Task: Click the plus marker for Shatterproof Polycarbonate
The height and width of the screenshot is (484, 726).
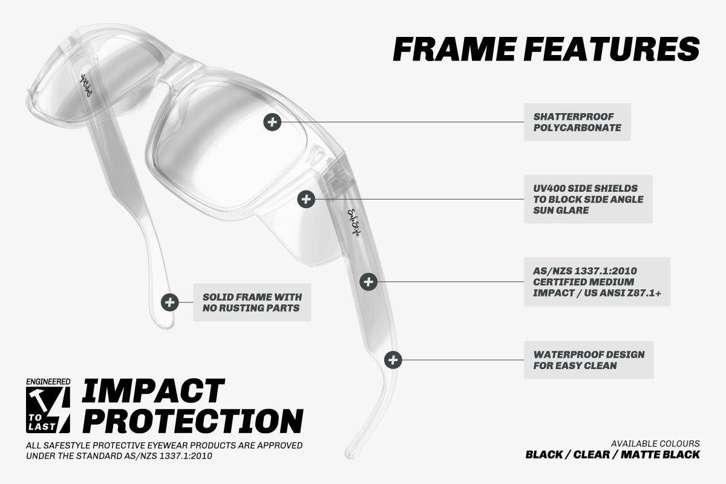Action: [x=272, y=122]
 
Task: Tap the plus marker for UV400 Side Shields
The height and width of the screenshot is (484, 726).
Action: [x=306, y=199]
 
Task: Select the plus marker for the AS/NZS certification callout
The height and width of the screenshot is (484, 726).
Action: [x=368, y=282]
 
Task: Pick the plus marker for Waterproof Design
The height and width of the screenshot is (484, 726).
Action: [x=393, y=360]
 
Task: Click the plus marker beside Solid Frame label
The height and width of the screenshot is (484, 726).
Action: [x=169, y=302]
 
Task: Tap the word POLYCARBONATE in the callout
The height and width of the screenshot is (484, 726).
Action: [x=577, y=128]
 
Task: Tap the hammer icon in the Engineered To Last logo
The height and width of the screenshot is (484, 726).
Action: [x=39, y=399]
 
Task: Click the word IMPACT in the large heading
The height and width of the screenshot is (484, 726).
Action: [x=153, y=391]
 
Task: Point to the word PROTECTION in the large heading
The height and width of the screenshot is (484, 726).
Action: [x=193, y=421]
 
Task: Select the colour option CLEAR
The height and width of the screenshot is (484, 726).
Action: [x=592, y=454]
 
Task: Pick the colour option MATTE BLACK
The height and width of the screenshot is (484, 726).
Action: [x=660, y=454]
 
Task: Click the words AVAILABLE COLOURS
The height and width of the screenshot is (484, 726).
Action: [x=655, y=443]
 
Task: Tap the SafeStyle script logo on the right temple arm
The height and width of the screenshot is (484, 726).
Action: [x=353, y=223]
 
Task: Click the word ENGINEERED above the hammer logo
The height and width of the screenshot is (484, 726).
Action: [x=48, y=382]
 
